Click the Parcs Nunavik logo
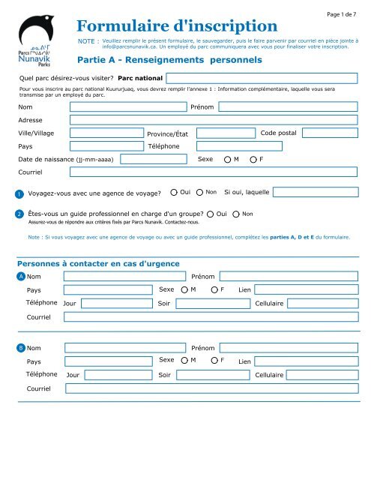36,45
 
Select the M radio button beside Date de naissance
227,160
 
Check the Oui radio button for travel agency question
173,193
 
